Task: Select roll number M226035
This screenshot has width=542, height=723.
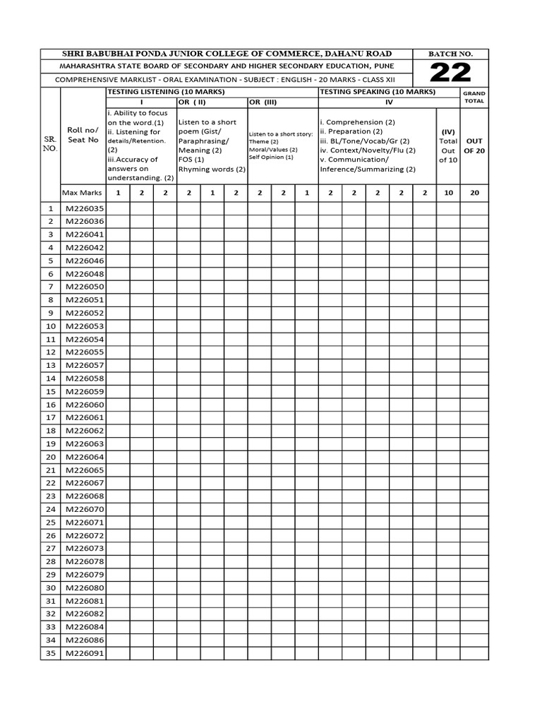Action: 84,208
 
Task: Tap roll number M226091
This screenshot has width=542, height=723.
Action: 84,653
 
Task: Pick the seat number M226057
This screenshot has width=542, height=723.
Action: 84,365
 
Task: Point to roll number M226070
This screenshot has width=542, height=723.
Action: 84,509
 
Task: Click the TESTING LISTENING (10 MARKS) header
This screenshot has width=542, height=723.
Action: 166,92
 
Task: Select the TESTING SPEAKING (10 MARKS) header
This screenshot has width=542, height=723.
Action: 378,92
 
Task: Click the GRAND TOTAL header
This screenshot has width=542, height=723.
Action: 474,97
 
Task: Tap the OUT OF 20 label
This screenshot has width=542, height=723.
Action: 474,145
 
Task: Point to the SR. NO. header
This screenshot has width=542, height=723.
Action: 50,145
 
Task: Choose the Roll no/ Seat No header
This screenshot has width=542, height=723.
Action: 83,134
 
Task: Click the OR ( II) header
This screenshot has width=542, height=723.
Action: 192,102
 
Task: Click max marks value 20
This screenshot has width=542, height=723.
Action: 474,192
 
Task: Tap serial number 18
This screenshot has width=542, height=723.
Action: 50,431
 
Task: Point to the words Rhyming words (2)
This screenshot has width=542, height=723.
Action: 212,169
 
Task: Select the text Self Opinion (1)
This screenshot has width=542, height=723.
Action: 271,157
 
